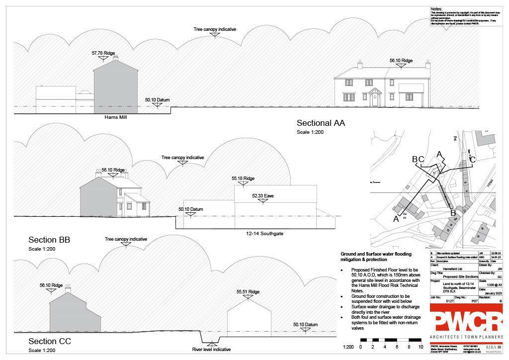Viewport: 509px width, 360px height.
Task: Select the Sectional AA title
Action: (321, 123)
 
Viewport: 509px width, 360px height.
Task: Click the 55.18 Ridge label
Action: (243, 179)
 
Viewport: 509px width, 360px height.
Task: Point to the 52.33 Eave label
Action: (263, 196)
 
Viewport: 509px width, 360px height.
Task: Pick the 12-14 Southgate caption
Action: (264, 233)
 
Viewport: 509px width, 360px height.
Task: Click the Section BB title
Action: (49, 240)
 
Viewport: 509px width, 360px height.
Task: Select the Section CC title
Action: (50, 341)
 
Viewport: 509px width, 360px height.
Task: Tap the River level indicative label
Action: (211, 350)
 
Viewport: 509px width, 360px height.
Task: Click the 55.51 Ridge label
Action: (248, 292)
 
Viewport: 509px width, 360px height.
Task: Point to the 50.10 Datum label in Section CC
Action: (305, 325)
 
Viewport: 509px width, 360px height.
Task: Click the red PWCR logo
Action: (466, 322)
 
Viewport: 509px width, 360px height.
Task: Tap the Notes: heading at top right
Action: (436, 9)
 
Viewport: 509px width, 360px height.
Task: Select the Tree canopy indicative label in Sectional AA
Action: (215, 29)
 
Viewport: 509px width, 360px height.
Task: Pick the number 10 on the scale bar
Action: (421, 347)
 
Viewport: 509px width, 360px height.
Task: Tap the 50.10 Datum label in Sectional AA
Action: (157, 100)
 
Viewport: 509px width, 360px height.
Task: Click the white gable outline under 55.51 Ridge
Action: (249, 318)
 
